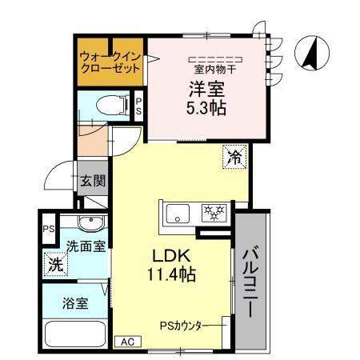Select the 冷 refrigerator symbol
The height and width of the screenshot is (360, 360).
[234, 157]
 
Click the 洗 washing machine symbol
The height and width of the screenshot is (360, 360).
[54, 263]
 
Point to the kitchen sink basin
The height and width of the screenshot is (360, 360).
[177, 213]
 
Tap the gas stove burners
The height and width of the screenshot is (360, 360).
[214, 212]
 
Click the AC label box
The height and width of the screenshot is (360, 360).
[126, 342]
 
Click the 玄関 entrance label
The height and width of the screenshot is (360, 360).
[92, 181]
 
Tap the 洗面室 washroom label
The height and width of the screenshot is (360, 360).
[85, 246]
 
